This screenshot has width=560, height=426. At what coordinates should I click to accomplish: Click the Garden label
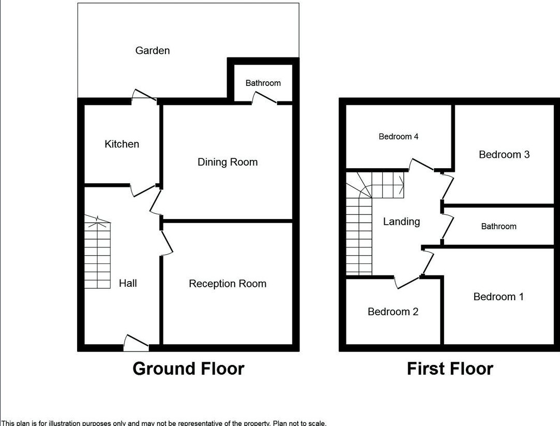coord(153,51)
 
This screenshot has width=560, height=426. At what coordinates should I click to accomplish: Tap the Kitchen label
coord(122,144)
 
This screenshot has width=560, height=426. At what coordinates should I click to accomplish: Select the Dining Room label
coord(228,162)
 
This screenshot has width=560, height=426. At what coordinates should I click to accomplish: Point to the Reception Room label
coord(228,284)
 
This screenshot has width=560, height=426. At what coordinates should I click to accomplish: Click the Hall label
coord(128,283)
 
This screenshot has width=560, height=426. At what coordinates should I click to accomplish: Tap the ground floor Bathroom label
coord(263,83)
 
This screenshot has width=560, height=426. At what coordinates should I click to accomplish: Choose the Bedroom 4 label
coord(399,137)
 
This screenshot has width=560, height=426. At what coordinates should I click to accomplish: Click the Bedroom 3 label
coord(504,154)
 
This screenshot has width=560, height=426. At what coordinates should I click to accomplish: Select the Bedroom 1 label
coord(498,297)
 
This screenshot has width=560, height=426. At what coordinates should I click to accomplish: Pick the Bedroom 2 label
coord(393,312)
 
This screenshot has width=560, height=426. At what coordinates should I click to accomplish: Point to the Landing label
coord(401,222)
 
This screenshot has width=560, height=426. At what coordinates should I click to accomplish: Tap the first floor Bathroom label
coord(498,226)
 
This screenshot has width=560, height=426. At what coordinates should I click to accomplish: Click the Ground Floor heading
coord(188,369)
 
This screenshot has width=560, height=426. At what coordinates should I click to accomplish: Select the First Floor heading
coord(450,369)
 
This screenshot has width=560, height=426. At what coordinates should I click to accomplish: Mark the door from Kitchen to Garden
coord(144,96)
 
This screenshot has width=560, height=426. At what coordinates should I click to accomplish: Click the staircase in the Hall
coord(98,254)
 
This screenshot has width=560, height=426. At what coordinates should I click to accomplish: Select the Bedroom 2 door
coord(408,282)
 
